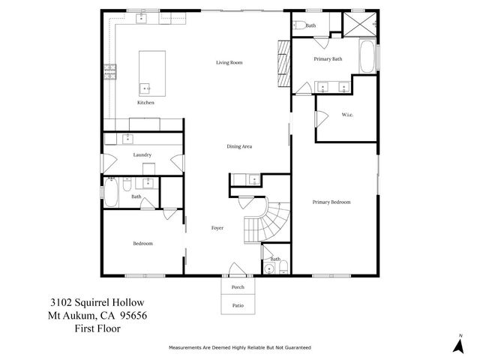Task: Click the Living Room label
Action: (x=229, y=62)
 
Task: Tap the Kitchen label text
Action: (x=145, y=103)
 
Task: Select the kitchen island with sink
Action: (x=149, y=71)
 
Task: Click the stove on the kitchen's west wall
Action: (x=109, y=73)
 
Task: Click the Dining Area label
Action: (x=239, y=146)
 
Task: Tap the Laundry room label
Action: (x=142, y=154)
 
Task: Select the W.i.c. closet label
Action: (x=347, y=115)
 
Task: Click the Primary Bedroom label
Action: (x=331, y=202)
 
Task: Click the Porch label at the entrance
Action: (x=238, y=287)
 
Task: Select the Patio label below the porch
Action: (x=238, y=305)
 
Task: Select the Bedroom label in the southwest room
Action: (x=143, y=243)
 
